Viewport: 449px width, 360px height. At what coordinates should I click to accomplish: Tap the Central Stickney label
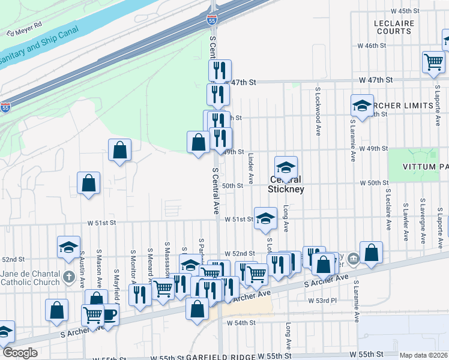pyautogui.click(x=286, y=184)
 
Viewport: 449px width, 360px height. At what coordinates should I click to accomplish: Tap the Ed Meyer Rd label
pyautogui.click(x=25, y=29)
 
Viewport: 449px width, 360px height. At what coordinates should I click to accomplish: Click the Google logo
pyautogui.click(x=20, y=353)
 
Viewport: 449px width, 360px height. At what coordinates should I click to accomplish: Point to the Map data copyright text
pyautogui.click(x=423, y=355)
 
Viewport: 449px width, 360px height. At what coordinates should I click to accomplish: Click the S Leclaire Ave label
pyautogui.click(x=388, y=210)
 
